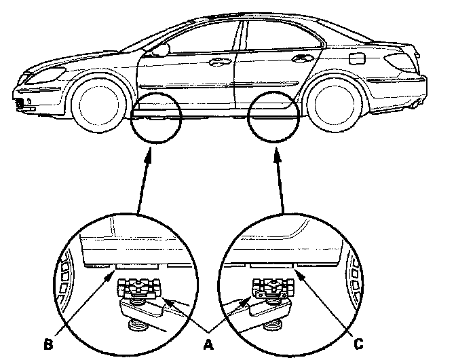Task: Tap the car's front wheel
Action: point(98,105)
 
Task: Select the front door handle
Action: point(218,62)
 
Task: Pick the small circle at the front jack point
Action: point(157,118)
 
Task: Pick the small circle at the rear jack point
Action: point(274,118)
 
